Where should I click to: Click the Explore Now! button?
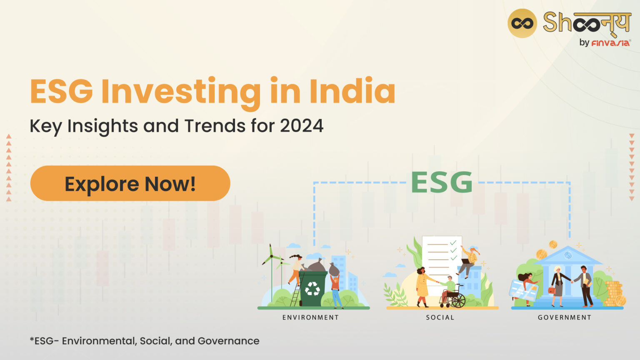click(x=130, y=183)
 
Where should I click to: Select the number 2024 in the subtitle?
click(x=302, y=126)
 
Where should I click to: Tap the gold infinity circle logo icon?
click(x=522, y=23)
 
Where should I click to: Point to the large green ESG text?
click(x=442, y=182)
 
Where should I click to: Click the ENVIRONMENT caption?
click(x=310, y=317)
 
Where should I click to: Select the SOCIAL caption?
click(x=440, y=317)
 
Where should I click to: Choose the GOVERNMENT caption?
click(x=565, y=317)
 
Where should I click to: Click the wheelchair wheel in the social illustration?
click(x=458, y=300)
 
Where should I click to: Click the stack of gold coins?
click(x=614, y=294)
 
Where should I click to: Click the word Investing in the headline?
click(x=180, y=91)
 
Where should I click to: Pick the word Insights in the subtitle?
click(x=102, y=126)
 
